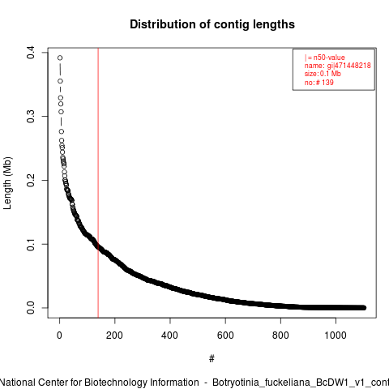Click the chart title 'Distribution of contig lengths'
click(x=212, y=24)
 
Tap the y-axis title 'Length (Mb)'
click(x=7, y=183)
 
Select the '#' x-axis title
click(x=212, y=358)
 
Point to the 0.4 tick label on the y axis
click(x=31, y=53)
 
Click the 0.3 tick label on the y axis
click(x=31, y=117)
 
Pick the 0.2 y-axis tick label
click(x=31, y=180)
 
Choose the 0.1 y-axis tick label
click(x=31, y=244)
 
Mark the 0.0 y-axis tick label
click(x=31, y=308)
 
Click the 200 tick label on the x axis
click(x=114, y=336)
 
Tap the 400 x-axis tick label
click(x=170, y=336)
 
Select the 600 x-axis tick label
click(x=225, y=336)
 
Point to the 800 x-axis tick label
click(x=280, y=336)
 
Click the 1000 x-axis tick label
click(x=336, y=336)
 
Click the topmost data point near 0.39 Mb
click(x=60, y=58)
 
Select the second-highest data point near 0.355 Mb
click(x=60, y=81)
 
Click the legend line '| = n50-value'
click(x=325, y=58)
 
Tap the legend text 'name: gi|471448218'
click(x=338, y=66)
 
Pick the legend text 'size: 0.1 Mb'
click(x=323, y=74)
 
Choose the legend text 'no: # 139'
click(x=319, y=82)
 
